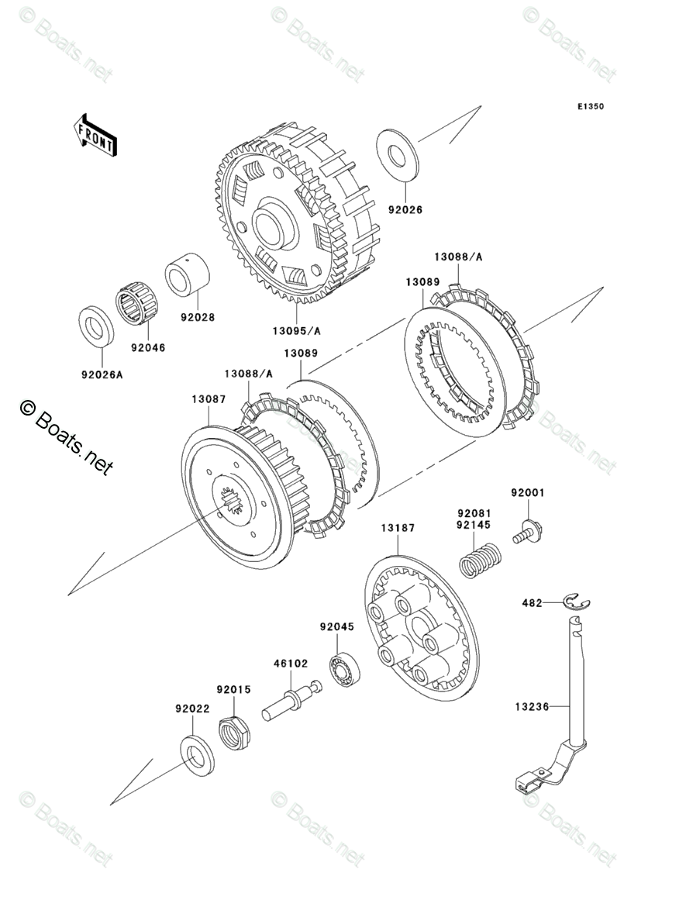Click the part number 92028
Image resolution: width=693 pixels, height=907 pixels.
(x=197, y=317)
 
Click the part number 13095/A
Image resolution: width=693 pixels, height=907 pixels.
(x=296, y=331)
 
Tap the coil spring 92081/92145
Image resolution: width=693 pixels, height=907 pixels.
(x=481, y=560)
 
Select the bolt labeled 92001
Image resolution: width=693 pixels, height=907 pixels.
(x=527, y=531)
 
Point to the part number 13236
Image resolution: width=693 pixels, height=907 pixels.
(x=532, y=706)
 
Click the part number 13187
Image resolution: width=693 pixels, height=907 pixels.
(x=398, y=528)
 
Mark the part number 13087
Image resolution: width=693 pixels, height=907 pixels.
(x=209, y=399)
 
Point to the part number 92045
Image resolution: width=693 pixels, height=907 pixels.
(x=337, y=626)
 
